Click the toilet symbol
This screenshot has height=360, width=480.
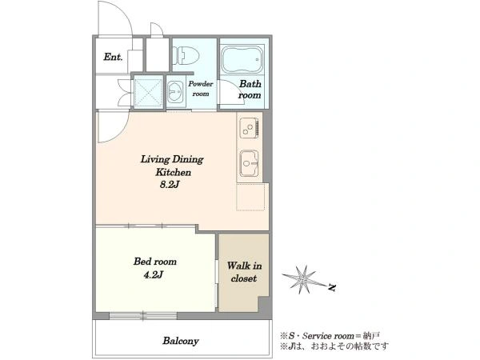[186, 55]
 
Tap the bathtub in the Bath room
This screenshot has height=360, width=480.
[242, 58]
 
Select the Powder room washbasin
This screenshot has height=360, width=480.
[175, 92]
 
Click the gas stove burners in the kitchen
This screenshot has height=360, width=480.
[250, 126]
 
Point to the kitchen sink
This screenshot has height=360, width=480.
[249, 163]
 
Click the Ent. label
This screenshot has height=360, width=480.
[113, 57]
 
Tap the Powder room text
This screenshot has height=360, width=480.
[201, 89]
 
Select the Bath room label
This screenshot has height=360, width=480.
[250, 90]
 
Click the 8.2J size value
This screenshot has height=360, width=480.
[170, 185]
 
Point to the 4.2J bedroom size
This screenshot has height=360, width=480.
[153, 275]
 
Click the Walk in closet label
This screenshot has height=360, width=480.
[244, 272]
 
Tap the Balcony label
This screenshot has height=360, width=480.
[181, 341]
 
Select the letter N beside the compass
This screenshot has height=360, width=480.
[332, 287]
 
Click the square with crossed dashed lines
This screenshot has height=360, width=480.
[149, 93]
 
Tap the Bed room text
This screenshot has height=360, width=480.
[155, 262]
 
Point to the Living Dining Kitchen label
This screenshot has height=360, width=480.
[173, 166]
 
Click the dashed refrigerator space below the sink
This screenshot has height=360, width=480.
[250, 197]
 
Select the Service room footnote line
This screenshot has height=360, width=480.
[330, 336]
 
